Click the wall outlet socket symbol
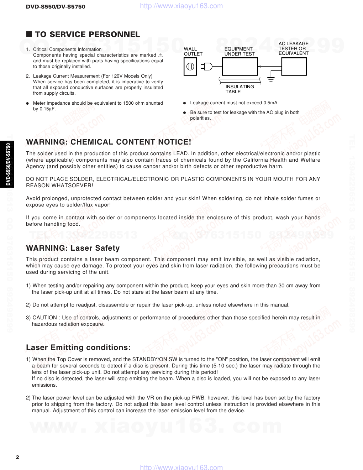coord(190,67)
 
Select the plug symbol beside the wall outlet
coord(207,67)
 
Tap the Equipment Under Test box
coord(240,66)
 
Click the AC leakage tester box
coord(294,66)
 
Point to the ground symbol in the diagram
coord(271,79)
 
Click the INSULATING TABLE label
coord(240,89)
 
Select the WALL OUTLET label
coord(193,51)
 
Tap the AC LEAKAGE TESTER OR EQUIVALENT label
coord(293,48)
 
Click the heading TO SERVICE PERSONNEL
coord(87,35)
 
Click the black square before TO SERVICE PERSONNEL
coord(29,34)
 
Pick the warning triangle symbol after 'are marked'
coord(160,55)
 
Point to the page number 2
coord(17,457)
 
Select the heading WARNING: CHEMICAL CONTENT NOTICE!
coord(109,142)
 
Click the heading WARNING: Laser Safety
coord(73,248)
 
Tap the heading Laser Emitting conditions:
coord(78,348)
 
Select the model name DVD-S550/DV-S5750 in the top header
coord(56,7)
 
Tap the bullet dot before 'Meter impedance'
coord(27,103)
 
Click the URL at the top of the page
coord(181,6)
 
